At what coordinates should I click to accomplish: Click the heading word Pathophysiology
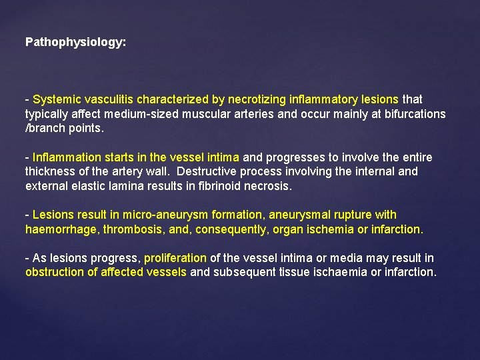[75, 42]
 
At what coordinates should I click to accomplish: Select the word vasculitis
[108, 99]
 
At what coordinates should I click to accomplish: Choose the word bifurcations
[413, 114]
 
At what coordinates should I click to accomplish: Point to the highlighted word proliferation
[175, 257]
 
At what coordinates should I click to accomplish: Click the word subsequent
[242, 272]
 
